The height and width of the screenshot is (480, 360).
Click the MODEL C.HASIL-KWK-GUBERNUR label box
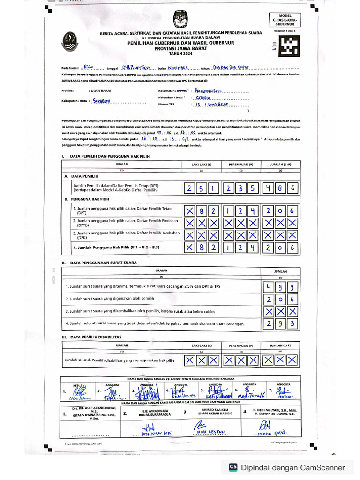pos(285,20)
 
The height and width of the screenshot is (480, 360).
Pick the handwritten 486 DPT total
pos(280,188)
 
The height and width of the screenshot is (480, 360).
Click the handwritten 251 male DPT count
pos(202,188)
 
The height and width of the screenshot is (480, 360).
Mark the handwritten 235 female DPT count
pos(241,188)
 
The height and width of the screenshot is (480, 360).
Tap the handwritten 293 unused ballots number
pos(280,324)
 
